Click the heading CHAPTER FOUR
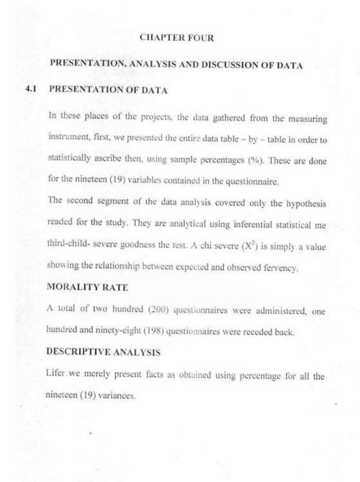tap(177, 38)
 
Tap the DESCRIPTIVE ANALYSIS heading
tap(103, 352)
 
